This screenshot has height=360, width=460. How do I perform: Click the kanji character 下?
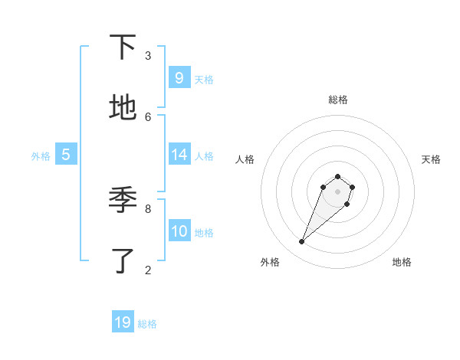coord(123,47)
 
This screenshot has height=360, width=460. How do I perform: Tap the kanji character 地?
coord(123,108)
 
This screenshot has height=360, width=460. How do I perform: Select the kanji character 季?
coord(123,200)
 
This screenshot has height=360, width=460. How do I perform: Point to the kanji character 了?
coord(123,261)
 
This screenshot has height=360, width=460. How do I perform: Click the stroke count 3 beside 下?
coord(148,55)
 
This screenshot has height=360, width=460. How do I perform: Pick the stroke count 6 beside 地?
coord(148,116)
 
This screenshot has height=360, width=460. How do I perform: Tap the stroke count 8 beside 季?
coord(148,208)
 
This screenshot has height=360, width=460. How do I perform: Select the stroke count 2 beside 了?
coord(148,269)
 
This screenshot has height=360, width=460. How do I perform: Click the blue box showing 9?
coord(179,78)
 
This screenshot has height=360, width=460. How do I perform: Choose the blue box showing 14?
coord(179,155)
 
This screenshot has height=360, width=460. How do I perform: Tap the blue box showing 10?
coord(179,231)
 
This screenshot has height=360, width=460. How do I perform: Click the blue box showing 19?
coord(123,322)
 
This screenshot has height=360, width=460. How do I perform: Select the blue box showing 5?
coord(66,155)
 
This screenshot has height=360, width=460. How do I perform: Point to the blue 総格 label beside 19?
coord(147,324)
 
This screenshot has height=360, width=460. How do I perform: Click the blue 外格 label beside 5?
coord(41,156)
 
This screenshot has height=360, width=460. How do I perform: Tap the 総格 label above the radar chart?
coord(337,100)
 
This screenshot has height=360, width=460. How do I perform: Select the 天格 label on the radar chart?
coord(432,159)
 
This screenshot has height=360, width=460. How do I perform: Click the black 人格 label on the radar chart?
coord(245,159)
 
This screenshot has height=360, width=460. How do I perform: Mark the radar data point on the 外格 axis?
coord(302,242)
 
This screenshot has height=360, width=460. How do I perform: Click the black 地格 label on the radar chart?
coord(402,262)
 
